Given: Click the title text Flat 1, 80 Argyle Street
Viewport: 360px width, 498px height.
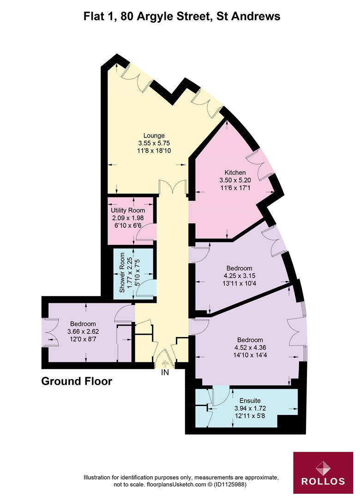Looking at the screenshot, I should pos(181,17).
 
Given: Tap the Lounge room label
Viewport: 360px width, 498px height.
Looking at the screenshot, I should pos(154,136).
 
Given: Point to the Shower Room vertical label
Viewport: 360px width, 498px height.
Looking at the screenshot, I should pos(122,273).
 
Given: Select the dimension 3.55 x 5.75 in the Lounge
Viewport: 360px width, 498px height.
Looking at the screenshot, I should pos(154,143).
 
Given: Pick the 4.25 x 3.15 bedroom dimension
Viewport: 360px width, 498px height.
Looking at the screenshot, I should pos(239,276).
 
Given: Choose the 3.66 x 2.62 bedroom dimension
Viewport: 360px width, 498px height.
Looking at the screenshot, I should pos(83,331).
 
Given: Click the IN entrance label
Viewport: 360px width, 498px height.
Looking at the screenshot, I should pos(165,373).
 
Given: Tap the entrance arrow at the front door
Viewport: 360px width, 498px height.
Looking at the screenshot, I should pos(165,364).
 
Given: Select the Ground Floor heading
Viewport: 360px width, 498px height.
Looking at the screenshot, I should pos(77,382).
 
